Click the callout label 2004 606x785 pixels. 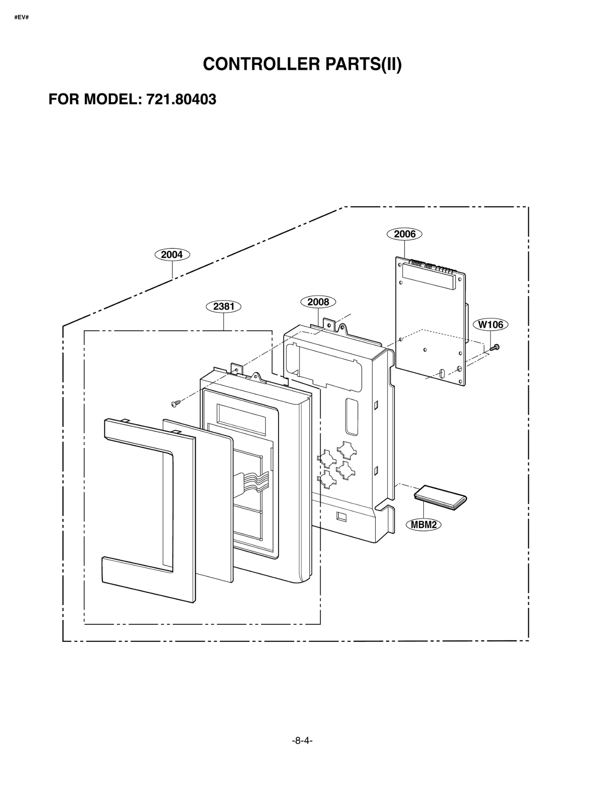pos(172,254)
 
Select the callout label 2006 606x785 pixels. pos(404,234)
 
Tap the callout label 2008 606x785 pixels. pos(318,302)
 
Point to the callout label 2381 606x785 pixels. pos(223,306)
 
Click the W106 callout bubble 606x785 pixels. pos(490,325)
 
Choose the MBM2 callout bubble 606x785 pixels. pos(423,525)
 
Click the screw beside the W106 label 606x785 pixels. pos(494,347)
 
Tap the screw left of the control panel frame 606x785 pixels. pos(175,404)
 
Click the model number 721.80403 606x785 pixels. pos(181,99)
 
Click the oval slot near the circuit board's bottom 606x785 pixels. pos(442,374)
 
